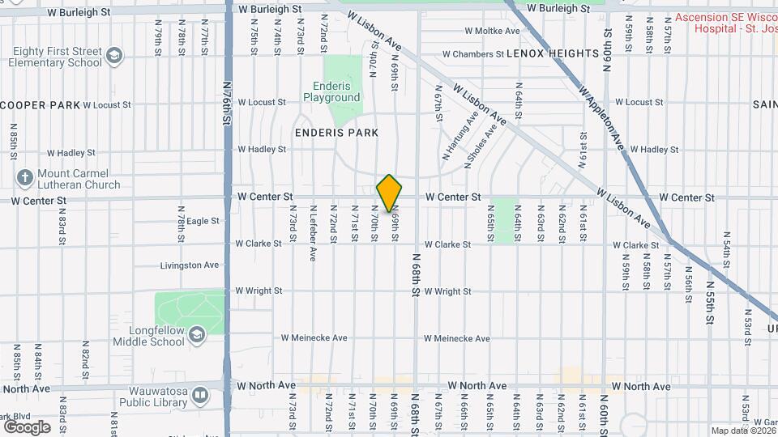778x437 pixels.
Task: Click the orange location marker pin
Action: (389, 193)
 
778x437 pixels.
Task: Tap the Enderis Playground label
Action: (331, 91)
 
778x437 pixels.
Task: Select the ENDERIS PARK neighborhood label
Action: (336, 132)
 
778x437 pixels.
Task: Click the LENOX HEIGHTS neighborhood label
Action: (552, 53)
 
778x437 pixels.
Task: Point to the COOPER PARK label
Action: (41, 105)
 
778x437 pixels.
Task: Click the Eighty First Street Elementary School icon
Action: (114, 56)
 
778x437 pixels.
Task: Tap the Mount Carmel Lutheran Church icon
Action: (25, 177)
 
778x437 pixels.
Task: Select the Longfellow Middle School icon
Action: (197, 335)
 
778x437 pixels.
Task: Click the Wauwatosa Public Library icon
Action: (200, 396)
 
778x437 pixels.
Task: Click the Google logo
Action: (27, 426)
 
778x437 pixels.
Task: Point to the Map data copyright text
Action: (742, 431)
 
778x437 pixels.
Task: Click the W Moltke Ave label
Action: (492, 32)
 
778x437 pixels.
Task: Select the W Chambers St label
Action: (472, 54)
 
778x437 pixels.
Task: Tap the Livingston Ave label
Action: (190, 265)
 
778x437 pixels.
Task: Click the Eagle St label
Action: (203, 221)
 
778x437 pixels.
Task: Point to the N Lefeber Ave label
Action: (312, 232)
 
